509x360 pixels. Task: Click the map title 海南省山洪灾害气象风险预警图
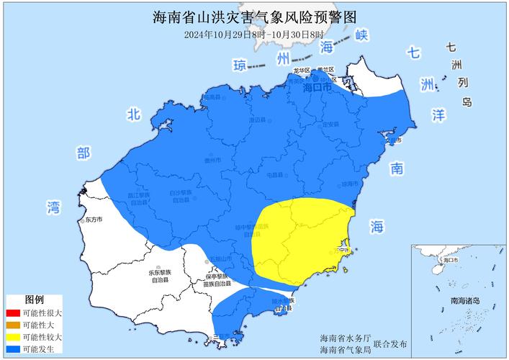click(x=254, y=17)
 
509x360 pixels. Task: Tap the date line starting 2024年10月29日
click(x=254, y=34)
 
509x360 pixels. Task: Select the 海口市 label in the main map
click(x=317, y=87)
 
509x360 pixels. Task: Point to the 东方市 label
click(x=94, y=219)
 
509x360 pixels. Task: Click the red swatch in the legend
click(x=12, y=313)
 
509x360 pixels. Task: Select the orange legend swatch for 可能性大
click(x=12, y=325)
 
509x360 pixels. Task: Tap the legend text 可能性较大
click(x=42, y=337)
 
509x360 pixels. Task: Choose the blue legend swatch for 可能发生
click(x=12, y=349)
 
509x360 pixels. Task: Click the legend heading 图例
click(x=34, y=300)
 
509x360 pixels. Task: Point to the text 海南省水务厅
click(x=346, y=338)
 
